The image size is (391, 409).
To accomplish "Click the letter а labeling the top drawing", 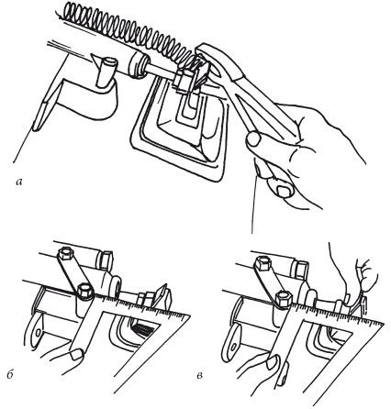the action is (19, 182).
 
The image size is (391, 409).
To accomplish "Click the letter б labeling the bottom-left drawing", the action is (10, 374).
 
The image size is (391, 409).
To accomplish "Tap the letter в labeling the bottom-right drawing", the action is (199, 375).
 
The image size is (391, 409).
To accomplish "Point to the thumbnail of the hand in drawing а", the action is (283, 191).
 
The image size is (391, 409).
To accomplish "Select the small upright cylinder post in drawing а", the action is (106, 72).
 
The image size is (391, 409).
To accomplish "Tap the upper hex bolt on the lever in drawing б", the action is (64, 254).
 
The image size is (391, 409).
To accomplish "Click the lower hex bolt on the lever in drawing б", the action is (84, 292).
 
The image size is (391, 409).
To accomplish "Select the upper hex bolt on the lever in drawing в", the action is (262, 262).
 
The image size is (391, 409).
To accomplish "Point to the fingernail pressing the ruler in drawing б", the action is (76, 355).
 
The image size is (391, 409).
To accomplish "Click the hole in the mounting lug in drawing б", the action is (39, 332).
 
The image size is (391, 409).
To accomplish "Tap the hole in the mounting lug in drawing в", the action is (234, 346).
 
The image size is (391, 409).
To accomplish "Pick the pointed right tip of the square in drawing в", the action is (384, 324).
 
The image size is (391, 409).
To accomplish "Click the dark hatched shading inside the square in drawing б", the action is (144, 329).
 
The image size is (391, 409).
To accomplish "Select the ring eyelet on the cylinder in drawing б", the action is (117, 287).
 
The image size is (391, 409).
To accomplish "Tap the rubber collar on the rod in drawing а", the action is (137, 65).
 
